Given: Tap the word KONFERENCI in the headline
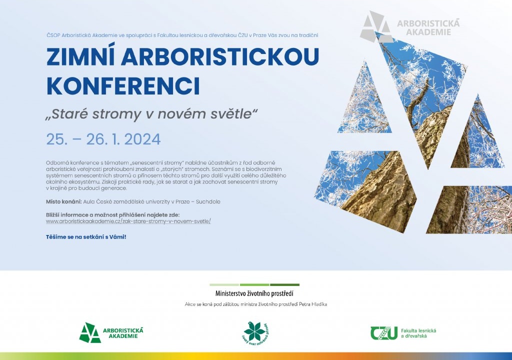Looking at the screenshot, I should (123, 85).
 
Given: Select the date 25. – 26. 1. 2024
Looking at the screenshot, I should (103, 139).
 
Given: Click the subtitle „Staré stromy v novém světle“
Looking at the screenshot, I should (151, 113).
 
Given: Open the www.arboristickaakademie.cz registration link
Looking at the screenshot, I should (128, 220).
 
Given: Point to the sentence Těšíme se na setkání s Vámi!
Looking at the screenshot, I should (86, 236).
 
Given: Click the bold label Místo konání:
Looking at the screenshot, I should (63, 201).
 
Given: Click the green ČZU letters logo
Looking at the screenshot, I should (384, 332).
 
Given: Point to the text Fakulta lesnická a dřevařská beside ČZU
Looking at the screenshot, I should (419, 332).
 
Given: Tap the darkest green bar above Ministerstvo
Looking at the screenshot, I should (284, 284).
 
